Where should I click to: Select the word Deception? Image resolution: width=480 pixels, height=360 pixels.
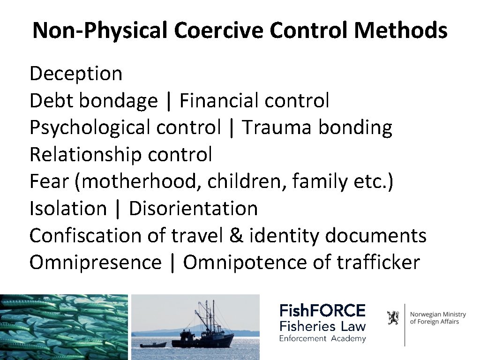click(76, 74)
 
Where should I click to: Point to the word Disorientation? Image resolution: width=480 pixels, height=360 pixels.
click(193, 208)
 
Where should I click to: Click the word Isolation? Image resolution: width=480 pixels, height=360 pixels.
click(68, 208)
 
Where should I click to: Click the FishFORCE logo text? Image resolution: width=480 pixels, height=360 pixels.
click(322, 311)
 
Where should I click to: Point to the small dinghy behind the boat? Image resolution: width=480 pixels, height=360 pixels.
click(153, 345)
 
